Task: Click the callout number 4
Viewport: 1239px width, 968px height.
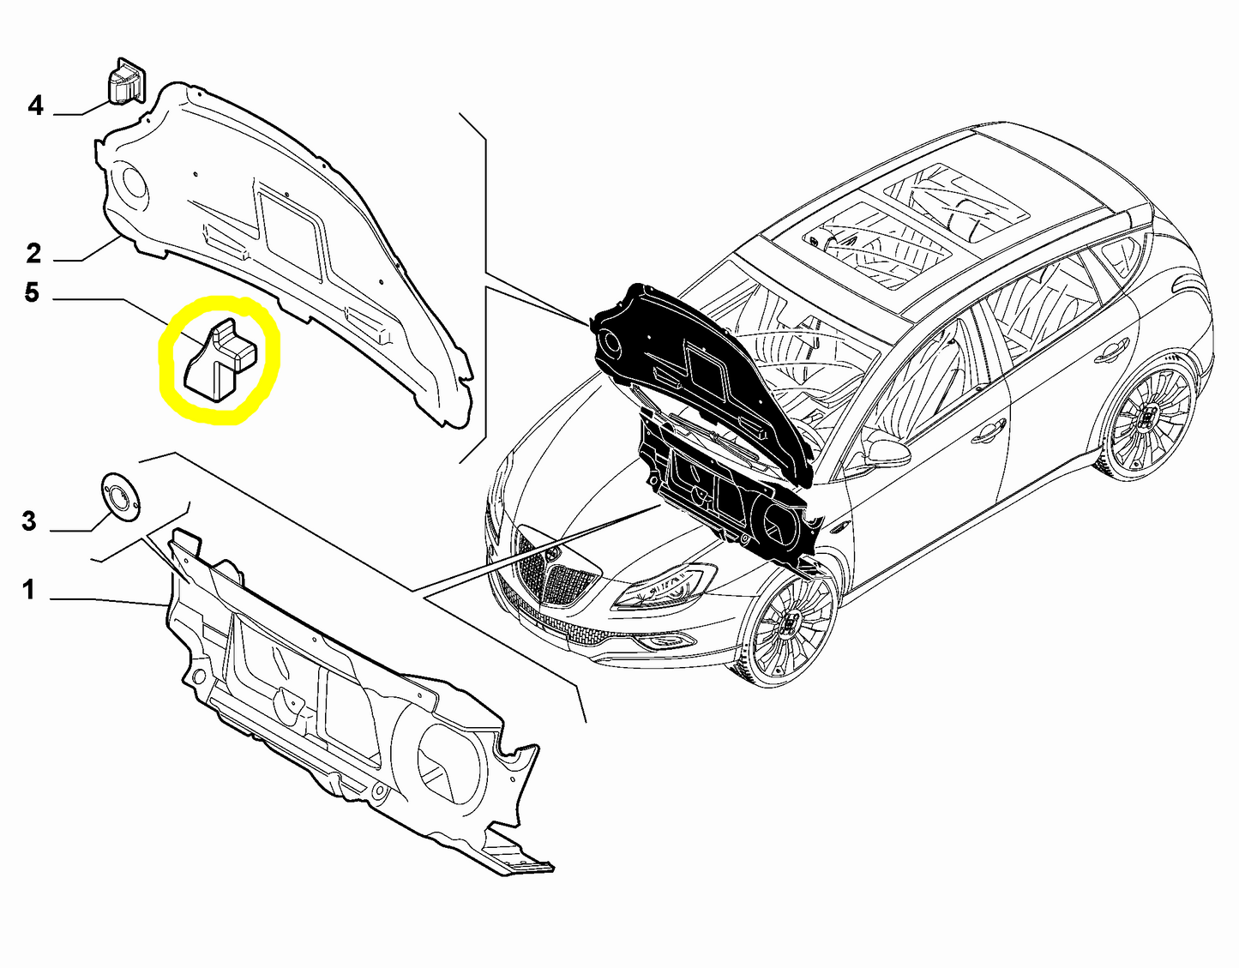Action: [x=35, y=106]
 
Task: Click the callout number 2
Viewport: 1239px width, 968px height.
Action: [x=33, y=253]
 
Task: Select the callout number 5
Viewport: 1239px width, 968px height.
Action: [x=32, y=293]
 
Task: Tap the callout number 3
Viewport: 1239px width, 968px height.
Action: [x=28, y=521]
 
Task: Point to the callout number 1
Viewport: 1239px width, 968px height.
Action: [x=29, y=590]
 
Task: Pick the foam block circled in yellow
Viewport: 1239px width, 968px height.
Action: [x=220, y=358]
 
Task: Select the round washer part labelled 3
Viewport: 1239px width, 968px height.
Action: [x=120, y=496]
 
